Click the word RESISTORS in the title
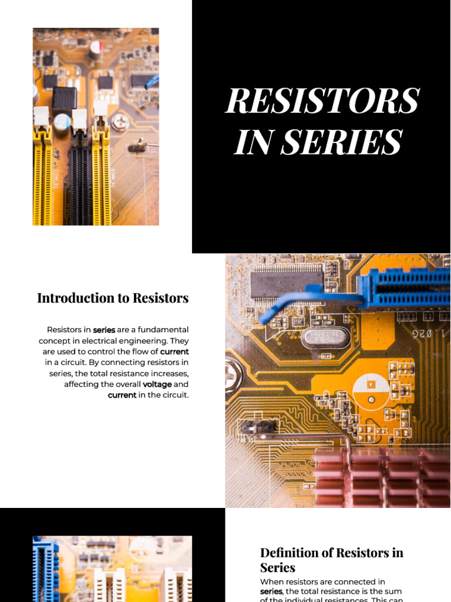click(322, 101)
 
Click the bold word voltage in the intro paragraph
click(157, 384)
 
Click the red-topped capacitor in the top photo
click(96, 49)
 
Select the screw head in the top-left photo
click(121, 122)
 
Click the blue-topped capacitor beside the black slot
click(62, 122)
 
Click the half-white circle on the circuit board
click(371, 390)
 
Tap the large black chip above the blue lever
click(287, 283)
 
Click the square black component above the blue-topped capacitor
click(64, 98)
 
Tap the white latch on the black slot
click(79, 119)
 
